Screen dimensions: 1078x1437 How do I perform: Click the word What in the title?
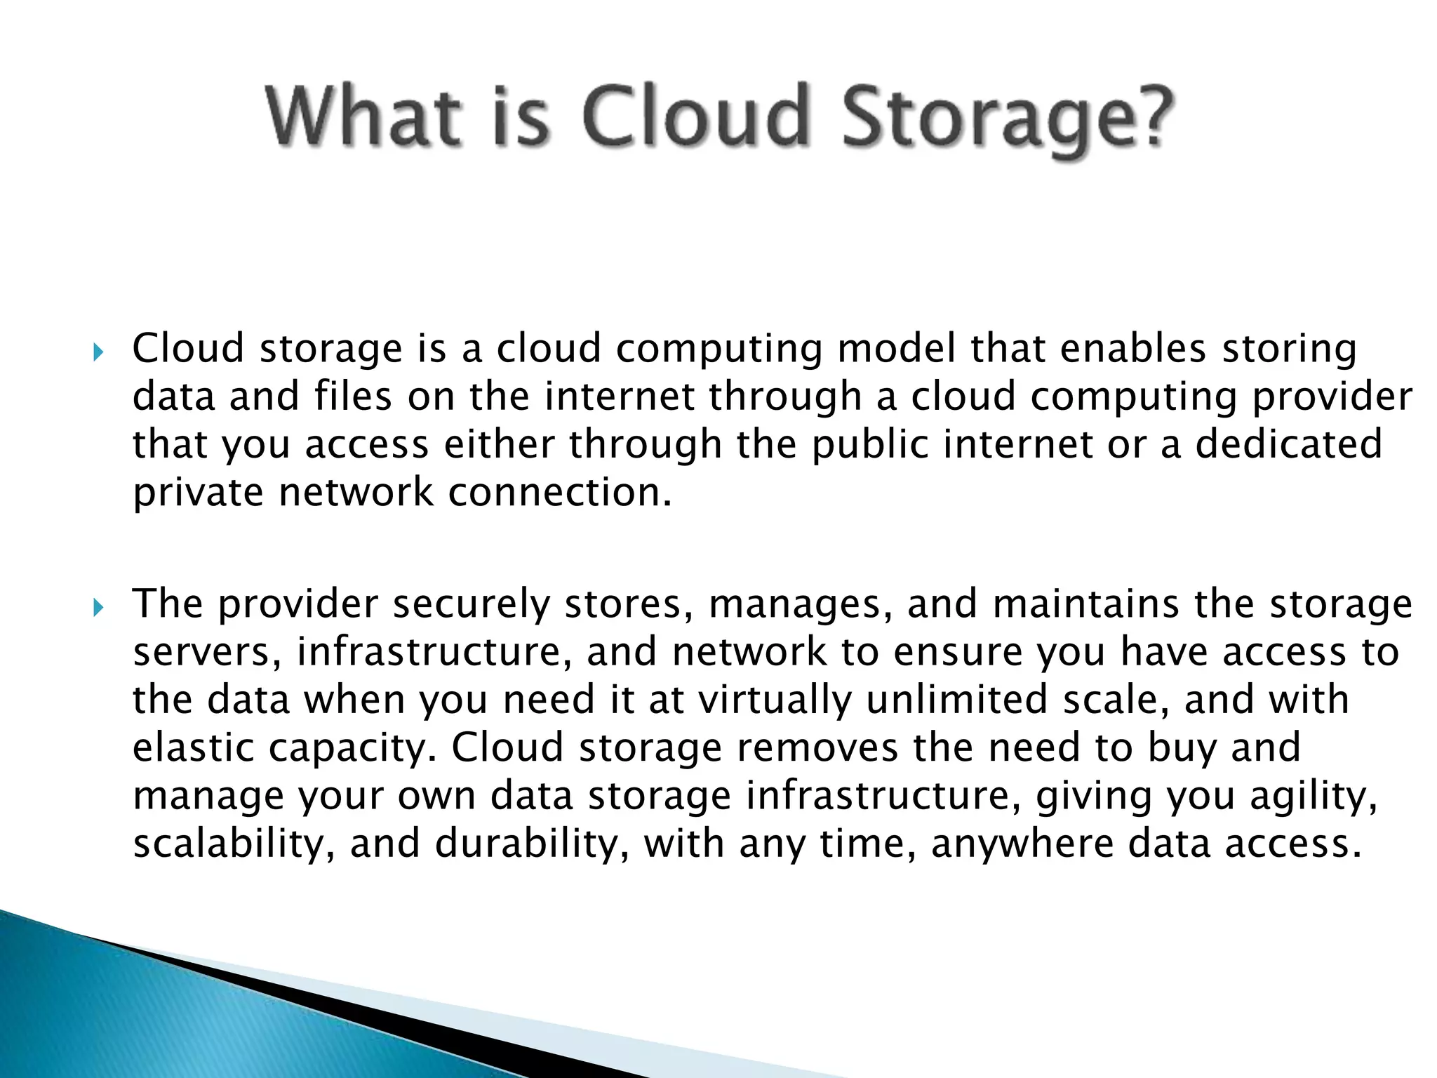point(364,116)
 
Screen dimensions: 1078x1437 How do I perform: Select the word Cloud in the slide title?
point(695,116)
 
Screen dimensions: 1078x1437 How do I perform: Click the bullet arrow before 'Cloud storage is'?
point(98,351)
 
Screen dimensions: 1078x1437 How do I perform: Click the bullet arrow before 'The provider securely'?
point(98,607)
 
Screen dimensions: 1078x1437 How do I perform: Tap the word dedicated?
point(1289,444)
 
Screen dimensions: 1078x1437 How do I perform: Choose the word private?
point(199,493)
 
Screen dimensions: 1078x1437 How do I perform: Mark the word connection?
point(560,492)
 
